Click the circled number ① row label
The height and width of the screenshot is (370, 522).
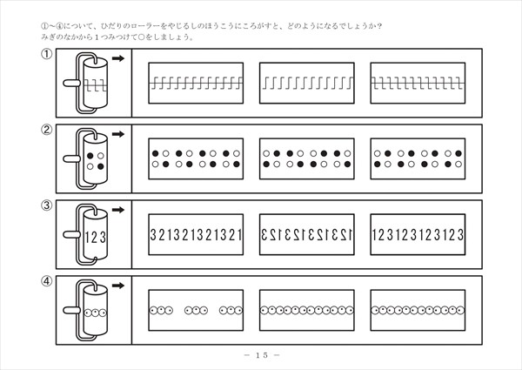tap(44, 56)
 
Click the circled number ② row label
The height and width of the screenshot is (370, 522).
tap(44, 131)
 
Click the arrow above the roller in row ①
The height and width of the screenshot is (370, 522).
tap(118, 59)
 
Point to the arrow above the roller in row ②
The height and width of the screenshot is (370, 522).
tap(118, 134)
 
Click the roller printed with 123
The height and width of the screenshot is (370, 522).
tap(97, 235)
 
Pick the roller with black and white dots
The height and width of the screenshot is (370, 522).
tap(97, 160)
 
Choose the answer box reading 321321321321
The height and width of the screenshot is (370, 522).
tap(196, 234)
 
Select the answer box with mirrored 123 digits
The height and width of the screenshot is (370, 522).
tap(306, 234)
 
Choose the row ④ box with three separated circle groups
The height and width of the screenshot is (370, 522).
tap(196, 309)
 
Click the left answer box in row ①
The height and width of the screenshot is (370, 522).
tap(196, 84)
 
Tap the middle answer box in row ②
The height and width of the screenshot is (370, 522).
tap(306, 158)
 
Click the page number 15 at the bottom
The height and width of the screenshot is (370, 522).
tap(261, 355)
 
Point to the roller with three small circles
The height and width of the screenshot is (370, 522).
tap(97, 310)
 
